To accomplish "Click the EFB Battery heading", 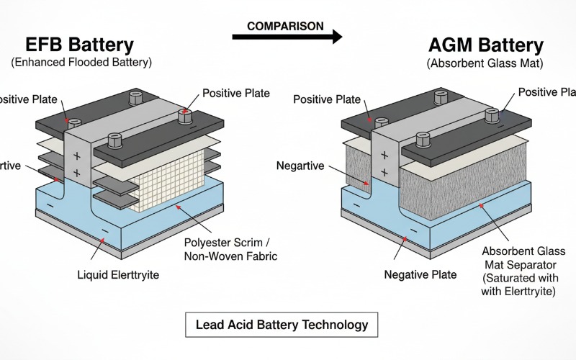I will (79, 45).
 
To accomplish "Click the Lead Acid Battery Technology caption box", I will (282, 324).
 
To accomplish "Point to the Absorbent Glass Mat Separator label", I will (523, 272).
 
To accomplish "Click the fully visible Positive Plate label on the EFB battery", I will (235, 93).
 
